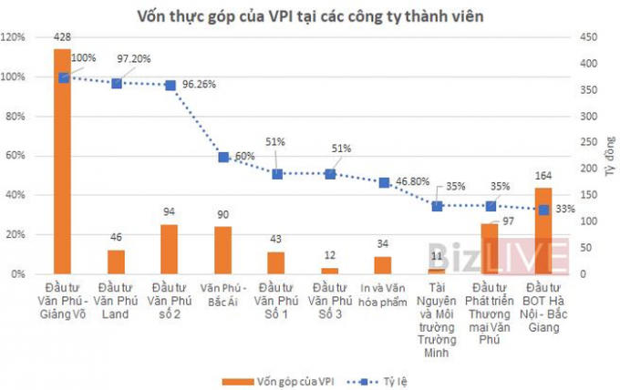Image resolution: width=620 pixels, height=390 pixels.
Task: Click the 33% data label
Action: click(x=564, y=209)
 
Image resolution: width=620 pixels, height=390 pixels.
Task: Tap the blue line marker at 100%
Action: click(x=63, y=77)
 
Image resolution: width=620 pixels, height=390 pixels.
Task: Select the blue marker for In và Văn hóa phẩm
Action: click(x=384, y=182)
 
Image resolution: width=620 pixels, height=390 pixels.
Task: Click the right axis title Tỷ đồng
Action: click(x=608, y=156)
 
